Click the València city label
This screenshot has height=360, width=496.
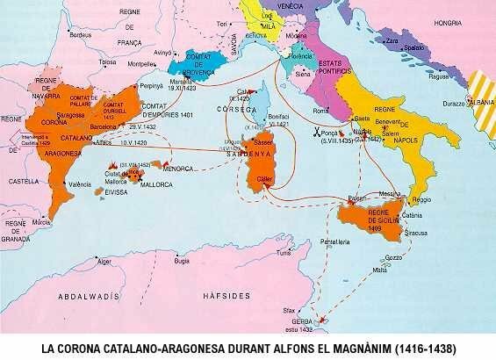coord(81,184)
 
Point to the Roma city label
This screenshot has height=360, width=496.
coord(321,111)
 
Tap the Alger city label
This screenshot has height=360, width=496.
coord(106,261)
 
